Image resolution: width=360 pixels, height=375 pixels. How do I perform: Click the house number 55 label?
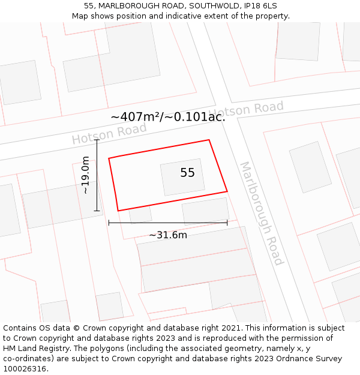[x=187, y=173]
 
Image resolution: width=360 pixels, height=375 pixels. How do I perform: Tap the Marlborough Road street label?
[x=262, y=213]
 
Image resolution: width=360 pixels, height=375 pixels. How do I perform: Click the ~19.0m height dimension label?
[x=86, y=175]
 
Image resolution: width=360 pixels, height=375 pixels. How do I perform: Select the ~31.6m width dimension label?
[x=168, y=235]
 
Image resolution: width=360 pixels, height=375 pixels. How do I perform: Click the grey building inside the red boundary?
[x=182, y=178]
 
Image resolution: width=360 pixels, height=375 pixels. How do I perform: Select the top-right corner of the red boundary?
[x=209, y=140]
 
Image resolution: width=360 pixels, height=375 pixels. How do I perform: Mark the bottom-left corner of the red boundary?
[x=118, y=211]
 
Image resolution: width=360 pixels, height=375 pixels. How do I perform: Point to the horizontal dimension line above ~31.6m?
[x=168, y=223]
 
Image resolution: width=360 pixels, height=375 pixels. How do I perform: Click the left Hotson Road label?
[x=109, y=134]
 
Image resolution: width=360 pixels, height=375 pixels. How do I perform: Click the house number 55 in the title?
[x=89, y=5]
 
